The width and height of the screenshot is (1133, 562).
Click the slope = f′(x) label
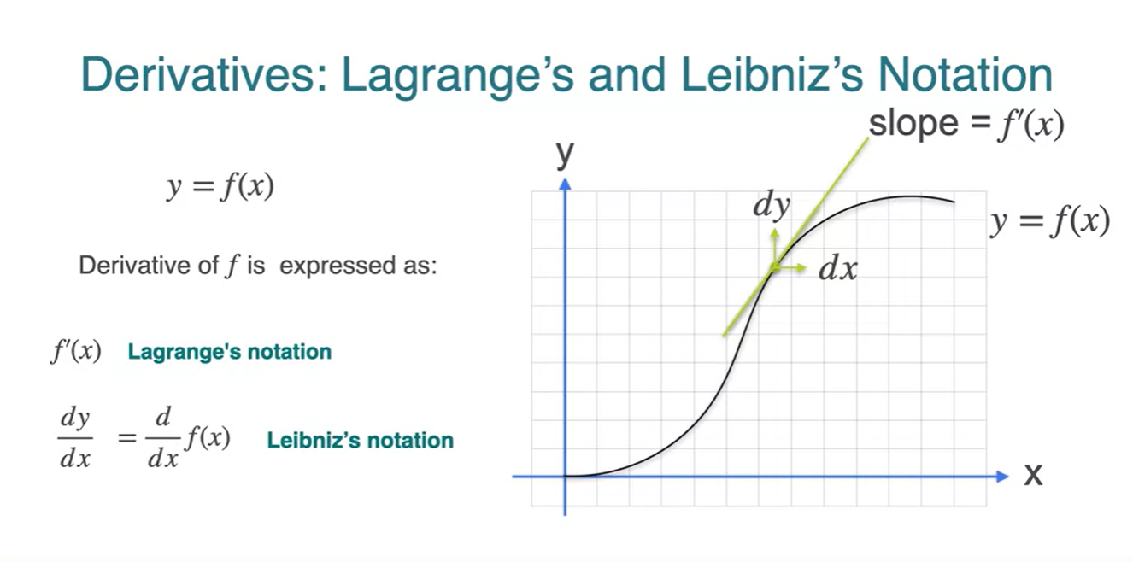click(x=966, y=125)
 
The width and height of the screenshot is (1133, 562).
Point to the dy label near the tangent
click(x=772, y=205)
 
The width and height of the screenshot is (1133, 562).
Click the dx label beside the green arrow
click(x=838, y=268)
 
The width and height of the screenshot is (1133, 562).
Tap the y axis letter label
click(x=565, y=153)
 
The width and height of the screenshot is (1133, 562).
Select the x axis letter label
click(x=1033, y=475)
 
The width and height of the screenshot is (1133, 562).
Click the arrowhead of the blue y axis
click(x=565, y=184)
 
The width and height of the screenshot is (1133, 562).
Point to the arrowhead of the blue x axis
click(x=1002, y=476)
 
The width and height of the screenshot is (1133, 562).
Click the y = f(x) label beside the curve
click(x=1050, y=222)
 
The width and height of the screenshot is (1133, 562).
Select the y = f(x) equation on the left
click(x=220, y=187)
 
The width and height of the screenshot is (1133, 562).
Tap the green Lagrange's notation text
click(x=230, y=352)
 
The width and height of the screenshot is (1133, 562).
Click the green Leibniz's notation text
click(x=360, y=440)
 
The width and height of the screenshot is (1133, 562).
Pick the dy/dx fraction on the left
click(x=75, y=437)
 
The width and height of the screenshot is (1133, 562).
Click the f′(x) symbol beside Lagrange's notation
click(x=76, y=351)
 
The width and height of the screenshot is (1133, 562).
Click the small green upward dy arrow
click(x=774, y=248)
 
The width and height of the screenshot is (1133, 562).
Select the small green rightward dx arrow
click(x=789, y=268)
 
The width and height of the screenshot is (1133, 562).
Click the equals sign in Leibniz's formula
click(x=127, y=437)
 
